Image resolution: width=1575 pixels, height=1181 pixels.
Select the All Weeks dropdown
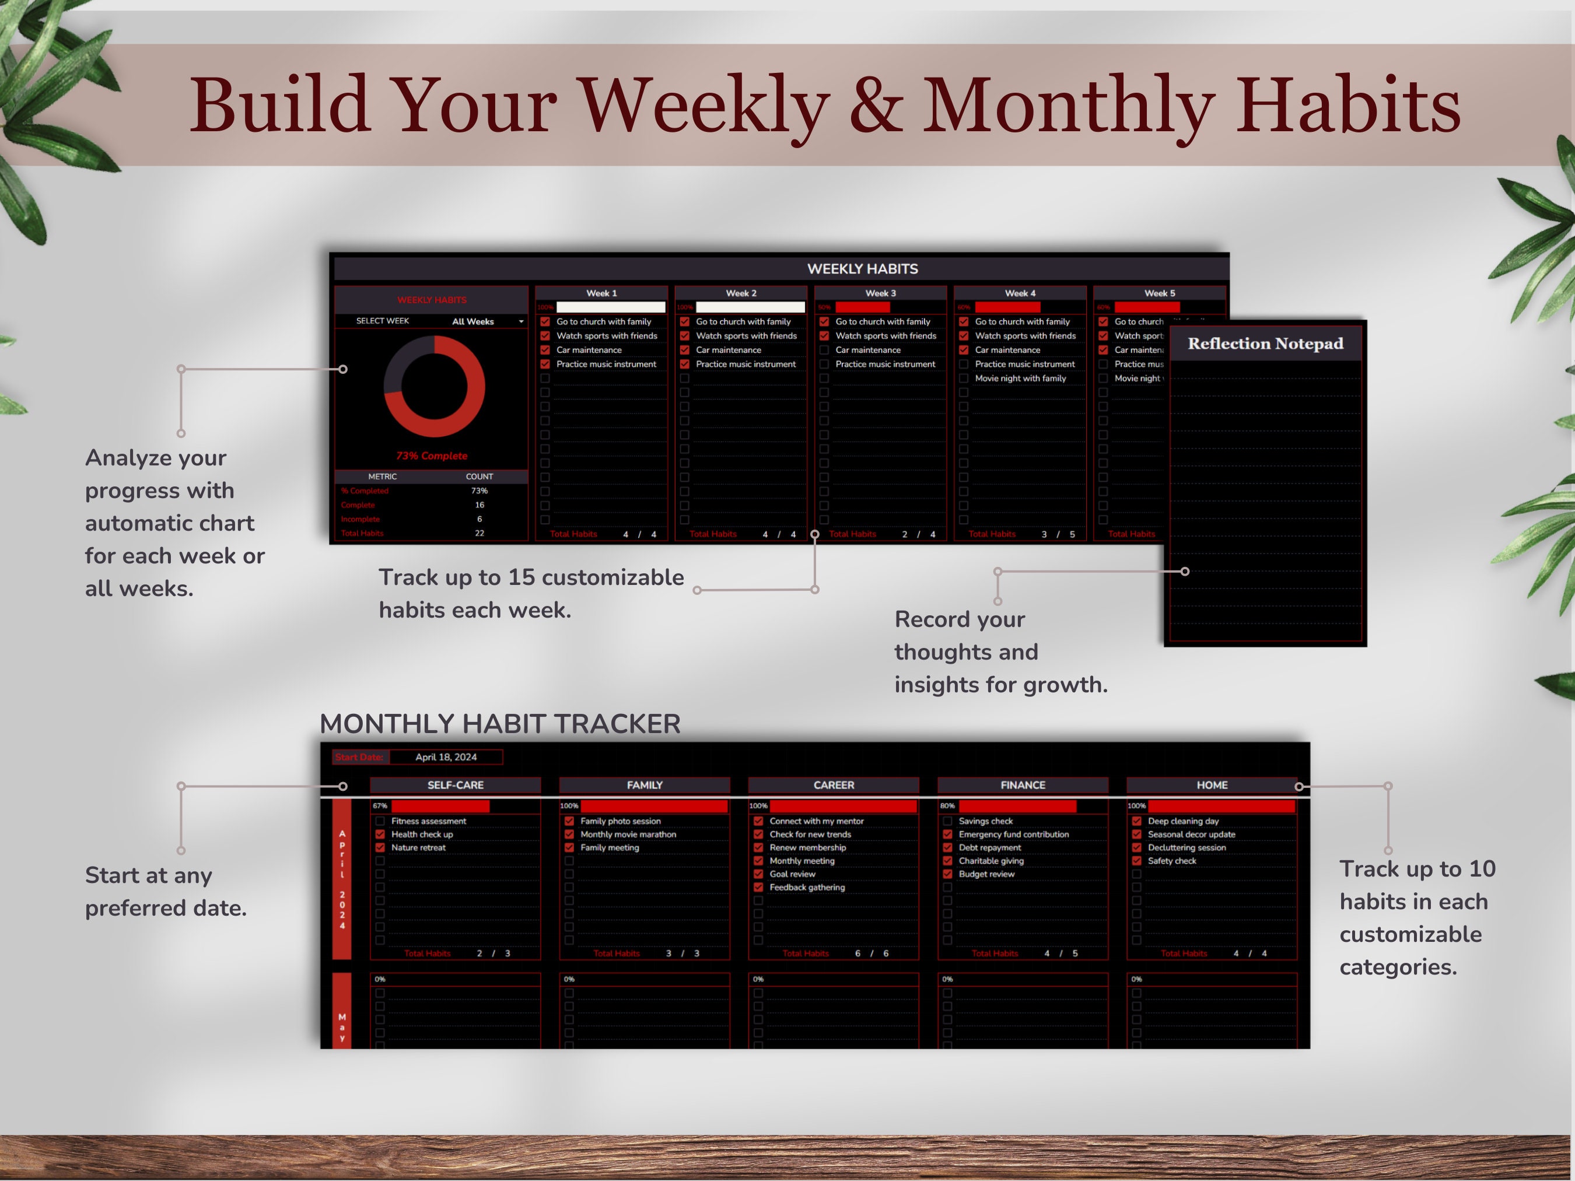pyautogui.click(x=487, y=321)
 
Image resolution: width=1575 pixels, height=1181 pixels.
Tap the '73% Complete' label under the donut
pyautogui.click(x=432, y=455)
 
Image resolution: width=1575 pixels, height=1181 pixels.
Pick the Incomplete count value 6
pyautogui.click(x=479, y=519)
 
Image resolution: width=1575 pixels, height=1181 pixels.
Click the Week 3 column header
pyautogui.click(x=880, y=293)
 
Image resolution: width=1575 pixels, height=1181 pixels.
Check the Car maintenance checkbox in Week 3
pyautogui.click(x=824, y=349)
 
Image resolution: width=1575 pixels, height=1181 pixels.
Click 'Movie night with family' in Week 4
pyautogui.click(x=1020, y=378)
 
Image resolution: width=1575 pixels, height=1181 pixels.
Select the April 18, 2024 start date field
pyautogui.click(x=446, y=757)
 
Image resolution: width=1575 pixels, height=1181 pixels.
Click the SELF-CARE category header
pyautogui.click(x=455, y=784)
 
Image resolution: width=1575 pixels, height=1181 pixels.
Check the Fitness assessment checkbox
pyautogui.click(x=380, y=821)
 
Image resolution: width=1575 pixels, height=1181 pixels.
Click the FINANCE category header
pyautogui.click(x=1023, y=784)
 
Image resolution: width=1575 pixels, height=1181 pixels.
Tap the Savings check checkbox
pyautogui.click(x=947, y=821)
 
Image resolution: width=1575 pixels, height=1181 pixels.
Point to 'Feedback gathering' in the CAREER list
pyautogui.click(x=807, y=887)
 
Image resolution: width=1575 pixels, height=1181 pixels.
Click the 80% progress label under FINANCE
pyautogui.click(x=947, y=806)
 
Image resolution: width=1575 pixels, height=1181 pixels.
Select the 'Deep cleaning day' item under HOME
pyautogui.click(x=1182, y=821)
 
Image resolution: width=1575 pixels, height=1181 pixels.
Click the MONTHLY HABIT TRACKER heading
pyautogui.click(x=500, y=723)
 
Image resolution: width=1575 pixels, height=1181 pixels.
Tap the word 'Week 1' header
pyautogui.click(x=601, y=293)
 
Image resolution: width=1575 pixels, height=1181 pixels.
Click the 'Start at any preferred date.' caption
pyautogui.click(x=165, y=891)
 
